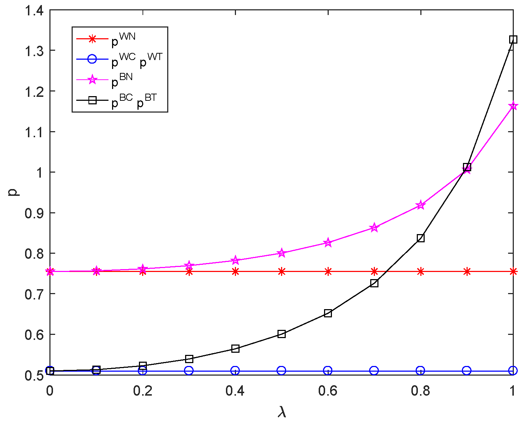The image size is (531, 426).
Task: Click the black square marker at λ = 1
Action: click(513, 39)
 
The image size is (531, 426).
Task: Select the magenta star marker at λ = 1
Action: click(513, 106)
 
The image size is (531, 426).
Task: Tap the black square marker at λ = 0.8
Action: click(421, 238)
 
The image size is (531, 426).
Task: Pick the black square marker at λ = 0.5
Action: click(281, 334)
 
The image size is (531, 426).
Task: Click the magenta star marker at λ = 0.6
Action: click(328, 243)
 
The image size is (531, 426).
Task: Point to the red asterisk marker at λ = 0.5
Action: click(281, 272)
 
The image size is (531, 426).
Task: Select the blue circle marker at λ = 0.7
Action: click(374, 371)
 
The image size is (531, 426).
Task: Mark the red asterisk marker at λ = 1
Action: click(513, 272)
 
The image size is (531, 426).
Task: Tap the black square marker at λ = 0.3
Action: click(189, 359)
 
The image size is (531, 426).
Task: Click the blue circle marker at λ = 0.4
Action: click(235, 371)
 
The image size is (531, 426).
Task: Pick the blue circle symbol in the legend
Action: click(92, 59)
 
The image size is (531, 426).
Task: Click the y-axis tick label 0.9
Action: click(34, 213)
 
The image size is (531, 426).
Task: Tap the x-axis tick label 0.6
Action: click(328, 391)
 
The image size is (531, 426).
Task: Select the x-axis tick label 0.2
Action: click(143, 391)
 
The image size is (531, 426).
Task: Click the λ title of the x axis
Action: click(282, 412)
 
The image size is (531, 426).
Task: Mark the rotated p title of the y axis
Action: click(14, 192)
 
